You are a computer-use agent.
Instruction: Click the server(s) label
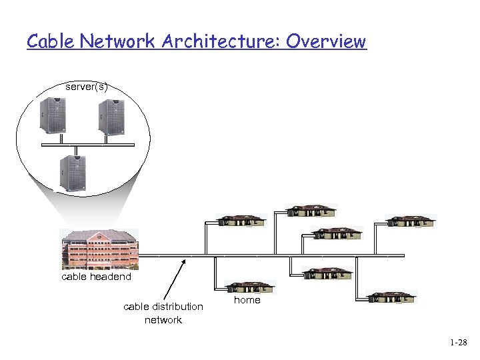tap(87, 87)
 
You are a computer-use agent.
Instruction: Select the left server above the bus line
tap(51, 117)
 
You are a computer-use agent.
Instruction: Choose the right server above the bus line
tap(111, 117)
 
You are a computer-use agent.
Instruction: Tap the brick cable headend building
tap(99, 249)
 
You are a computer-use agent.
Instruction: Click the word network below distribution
tap(163, 320)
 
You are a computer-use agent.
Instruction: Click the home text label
tap(247, 300)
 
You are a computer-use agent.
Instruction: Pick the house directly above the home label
tap(249, 287)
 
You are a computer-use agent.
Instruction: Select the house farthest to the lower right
tap(393, 297)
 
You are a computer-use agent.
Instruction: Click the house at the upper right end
tap(411, 221)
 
